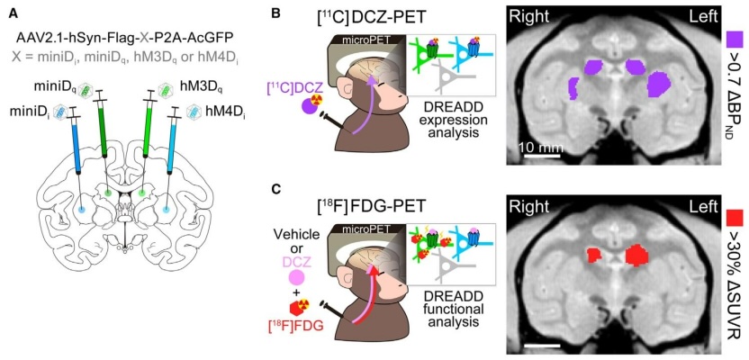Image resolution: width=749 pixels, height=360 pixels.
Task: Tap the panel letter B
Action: [275, 13]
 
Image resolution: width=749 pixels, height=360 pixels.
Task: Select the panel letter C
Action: [275, 191]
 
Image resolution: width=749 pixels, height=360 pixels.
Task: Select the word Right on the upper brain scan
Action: [528, 17]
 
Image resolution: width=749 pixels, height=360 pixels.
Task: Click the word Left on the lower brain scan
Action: [702, 206]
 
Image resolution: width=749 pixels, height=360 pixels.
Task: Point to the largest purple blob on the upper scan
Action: [659, 84]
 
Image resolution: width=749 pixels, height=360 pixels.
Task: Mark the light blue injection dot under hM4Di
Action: [166, 209]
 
